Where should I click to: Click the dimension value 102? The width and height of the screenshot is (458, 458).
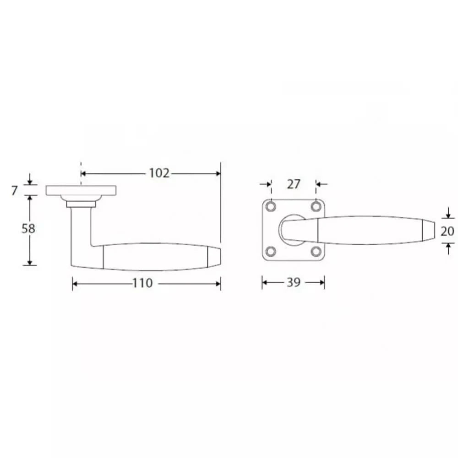(x=159, y=173)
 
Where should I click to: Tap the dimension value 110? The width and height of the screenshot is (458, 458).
(x=143, y=283)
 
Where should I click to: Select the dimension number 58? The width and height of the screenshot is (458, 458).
(x=28, y=228)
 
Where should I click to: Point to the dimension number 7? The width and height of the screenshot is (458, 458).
(x=15, y=190)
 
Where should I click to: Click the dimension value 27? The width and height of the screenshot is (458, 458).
(x=294, y=184)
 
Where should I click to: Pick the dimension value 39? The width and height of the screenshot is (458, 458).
(x=293, y=282)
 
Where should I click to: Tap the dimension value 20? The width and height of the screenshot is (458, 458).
(x=447, y=231)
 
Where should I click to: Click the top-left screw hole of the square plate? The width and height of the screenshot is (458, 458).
(x=271, y=207)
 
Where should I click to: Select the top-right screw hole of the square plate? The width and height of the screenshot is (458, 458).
(x=316, y=207)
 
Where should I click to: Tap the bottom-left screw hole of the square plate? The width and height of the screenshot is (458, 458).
(x=271, y=252)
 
